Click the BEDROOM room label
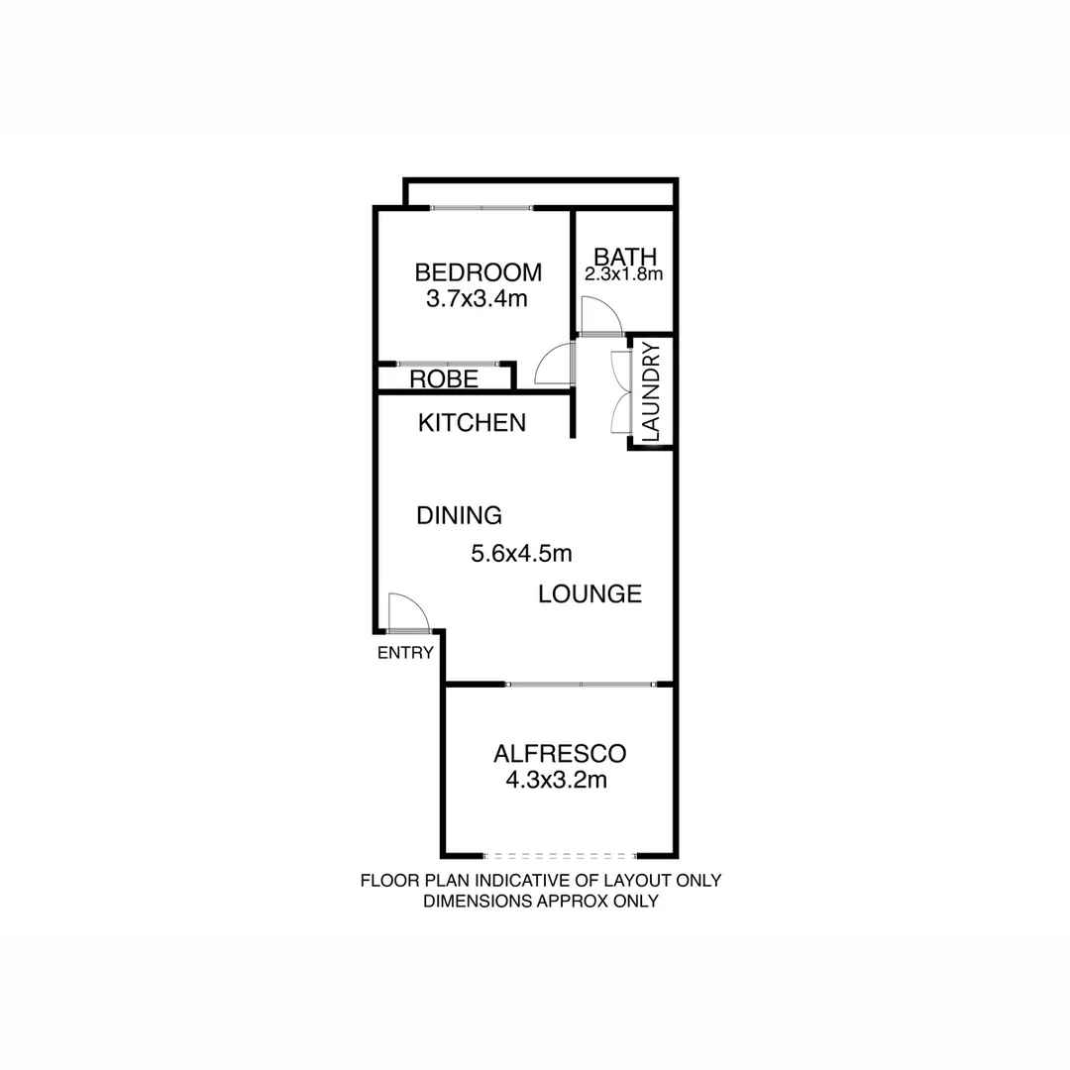pyautogui.click(x=478, y=272)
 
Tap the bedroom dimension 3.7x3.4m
pyautogui.click(x=476, y=298)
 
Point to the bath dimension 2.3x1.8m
pyautogui.click(x=623, y=275)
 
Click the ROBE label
pyautogui.click(x=445, y=379)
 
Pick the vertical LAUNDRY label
pyautogui.click(x=651, y=391)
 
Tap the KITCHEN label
pyautogui.click(x=472, y=423)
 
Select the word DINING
pyautogui.click(x=459, y=515)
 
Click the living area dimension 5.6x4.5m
pyautogui.click(x=521, y=554)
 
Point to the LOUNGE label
pyautogui.click(x=590, y=594)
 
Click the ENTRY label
pyautogui.click(x=405, y=653)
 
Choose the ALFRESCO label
pyautogui.click(x=560, y=754)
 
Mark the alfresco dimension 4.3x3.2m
pyautogui.click(x=556, y=780)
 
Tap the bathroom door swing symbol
pyautogui.click(x=600, y=317)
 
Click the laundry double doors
pyautogui.click(x=621, y=391)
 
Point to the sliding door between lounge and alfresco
pyautogui.click(x=581, y=684)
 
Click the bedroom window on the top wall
pyautogui.click(x=481, y=208)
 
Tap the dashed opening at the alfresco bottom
pyautogui.click(x=560, y=855)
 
